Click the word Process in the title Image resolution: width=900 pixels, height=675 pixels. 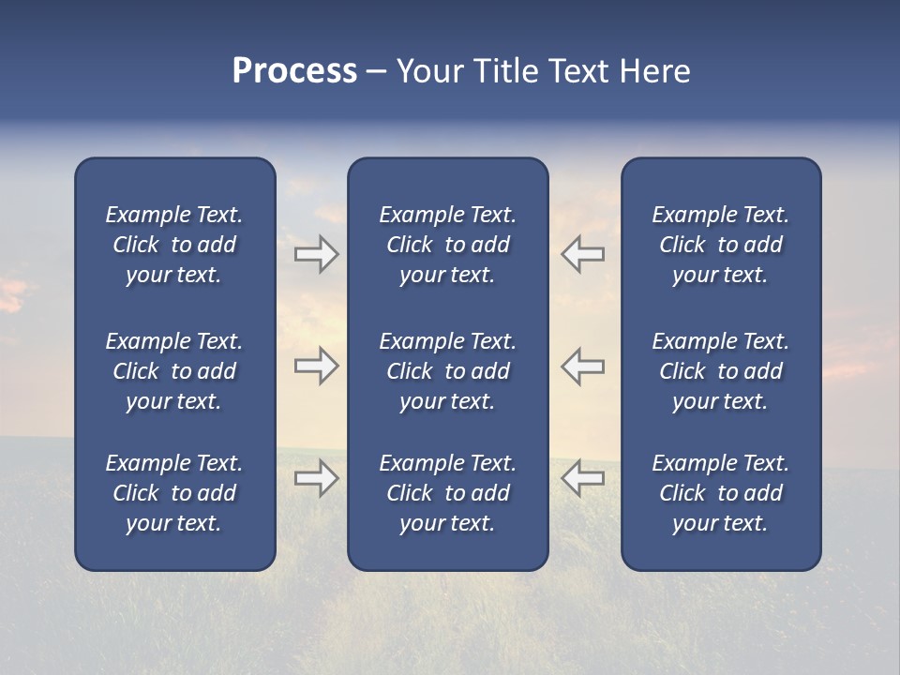point(294,71)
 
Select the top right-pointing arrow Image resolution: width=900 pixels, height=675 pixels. point(317,254)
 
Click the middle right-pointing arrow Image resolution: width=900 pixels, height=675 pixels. point(317,366)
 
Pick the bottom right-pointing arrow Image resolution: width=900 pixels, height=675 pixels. point(317,478)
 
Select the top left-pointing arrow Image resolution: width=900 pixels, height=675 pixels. point(583,254)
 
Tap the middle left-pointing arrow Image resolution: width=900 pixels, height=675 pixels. point(583,366)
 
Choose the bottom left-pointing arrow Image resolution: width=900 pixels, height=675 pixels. point(583,478)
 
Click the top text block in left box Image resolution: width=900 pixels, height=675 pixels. point(174,245)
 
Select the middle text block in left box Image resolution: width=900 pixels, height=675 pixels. point(174,371)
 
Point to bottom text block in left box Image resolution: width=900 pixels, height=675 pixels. point(174,493)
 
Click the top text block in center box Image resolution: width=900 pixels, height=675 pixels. point(447,245)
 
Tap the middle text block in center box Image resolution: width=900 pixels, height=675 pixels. point(447,371)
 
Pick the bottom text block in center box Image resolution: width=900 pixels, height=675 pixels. point(447,493)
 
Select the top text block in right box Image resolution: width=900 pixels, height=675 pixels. point(720,245)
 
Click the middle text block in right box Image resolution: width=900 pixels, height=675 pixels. point(720,371)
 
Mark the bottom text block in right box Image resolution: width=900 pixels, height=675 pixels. point(720,493)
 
